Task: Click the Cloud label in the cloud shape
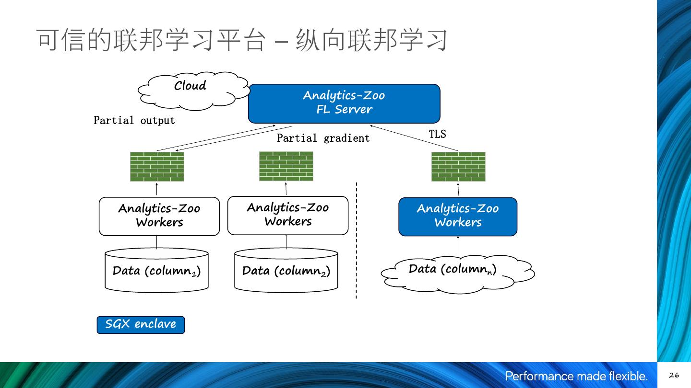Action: pos(190,86)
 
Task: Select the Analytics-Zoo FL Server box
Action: pos(344,103)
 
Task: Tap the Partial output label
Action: pos(134,120)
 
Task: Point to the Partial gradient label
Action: pos(323,138)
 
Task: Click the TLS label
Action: pos(437,134)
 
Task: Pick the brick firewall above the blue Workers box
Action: pos(458,167)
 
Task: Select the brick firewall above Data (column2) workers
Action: pos(286,166)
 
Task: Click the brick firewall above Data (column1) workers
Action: pos(157,167)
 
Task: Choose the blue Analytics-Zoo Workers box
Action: pos(458,217)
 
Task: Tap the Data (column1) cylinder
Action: pos(156,271)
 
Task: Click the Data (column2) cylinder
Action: pos(286,271)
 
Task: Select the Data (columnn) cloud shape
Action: pos(457,274)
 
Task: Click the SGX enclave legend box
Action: pos(141,324)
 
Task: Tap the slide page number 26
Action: pos(674,376)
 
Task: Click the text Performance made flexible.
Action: pos(576,376)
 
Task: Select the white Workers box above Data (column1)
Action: pos(159,216)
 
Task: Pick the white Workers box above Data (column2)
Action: pos(287,215)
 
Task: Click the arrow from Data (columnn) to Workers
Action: pos(458,247)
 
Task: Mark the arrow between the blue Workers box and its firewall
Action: pos(458,189)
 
